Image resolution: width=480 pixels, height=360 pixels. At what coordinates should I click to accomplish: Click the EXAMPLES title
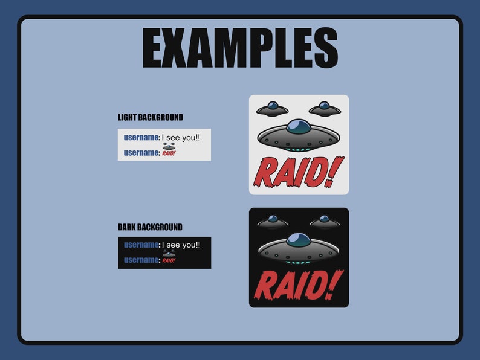coord(240,48)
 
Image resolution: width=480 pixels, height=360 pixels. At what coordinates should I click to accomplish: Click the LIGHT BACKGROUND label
coord(151,117)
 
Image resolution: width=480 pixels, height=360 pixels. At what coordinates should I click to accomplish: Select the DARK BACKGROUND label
coord(150,227)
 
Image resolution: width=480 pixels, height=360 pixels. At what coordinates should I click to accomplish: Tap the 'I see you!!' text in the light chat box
coord(181,138)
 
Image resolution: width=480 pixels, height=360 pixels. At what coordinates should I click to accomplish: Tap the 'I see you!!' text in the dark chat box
coord(181,245)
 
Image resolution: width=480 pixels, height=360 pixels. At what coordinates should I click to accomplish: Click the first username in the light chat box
coord(141,138)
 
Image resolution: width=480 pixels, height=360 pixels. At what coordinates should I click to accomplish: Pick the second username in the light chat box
coord(141,153)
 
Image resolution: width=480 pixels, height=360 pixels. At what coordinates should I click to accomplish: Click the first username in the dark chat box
coord(141,245)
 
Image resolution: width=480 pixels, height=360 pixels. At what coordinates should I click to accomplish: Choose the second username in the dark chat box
coord(141,260)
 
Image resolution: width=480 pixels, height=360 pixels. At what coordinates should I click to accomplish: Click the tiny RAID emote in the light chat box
coord(169,150)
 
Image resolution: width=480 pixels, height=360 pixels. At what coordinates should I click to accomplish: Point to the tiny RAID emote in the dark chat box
coord(169,258)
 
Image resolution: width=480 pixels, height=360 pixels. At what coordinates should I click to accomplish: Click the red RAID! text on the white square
coord(298,172)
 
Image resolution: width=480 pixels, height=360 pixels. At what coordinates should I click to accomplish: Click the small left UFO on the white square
coord(272,109)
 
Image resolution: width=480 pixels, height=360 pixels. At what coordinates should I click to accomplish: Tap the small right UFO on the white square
coord(325,109)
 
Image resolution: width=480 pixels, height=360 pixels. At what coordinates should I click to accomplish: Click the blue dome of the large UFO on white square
coord(298,126)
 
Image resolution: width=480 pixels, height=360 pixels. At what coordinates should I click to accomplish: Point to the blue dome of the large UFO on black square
coord(298,239)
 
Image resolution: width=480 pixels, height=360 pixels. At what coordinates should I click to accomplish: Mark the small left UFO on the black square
coord(272,222)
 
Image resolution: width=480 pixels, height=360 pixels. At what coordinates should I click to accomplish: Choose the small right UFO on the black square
coord(325,222)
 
